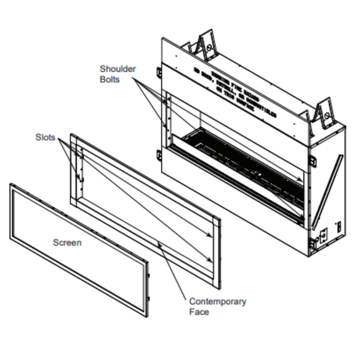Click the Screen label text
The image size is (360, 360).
(x=67, y=242)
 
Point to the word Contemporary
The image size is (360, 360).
(x=217, y=301)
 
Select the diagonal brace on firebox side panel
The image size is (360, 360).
(x=326, y=185)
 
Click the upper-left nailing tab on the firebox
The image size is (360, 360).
(x=159, y=71)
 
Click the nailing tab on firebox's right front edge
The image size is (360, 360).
(x=313, y=160)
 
